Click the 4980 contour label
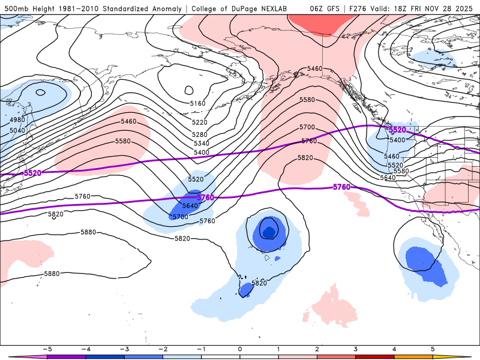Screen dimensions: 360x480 18,121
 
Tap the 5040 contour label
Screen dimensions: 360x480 18,130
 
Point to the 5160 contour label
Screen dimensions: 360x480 197,104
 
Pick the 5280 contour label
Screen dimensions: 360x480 199,134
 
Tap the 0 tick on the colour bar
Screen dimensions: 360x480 240,348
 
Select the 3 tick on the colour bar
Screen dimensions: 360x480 356,348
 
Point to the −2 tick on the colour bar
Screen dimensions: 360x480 163,348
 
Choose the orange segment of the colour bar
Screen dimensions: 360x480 414,356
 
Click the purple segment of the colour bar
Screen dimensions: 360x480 66,356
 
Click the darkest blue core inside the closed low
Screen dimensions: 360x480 268,230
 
